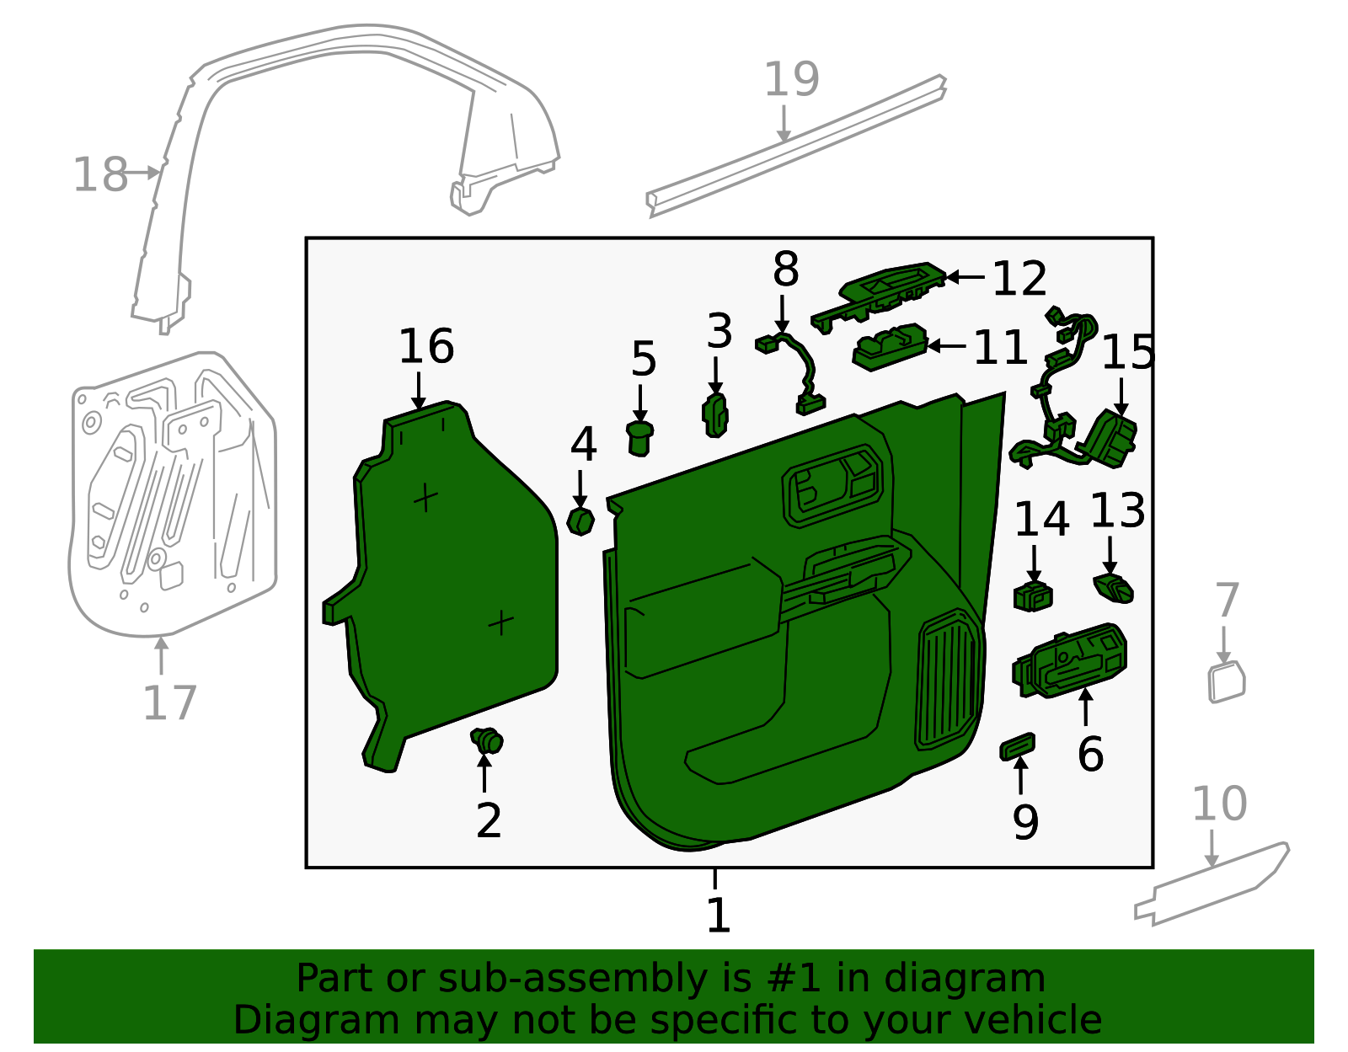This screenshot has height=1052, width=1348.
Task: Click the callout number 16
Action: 425,346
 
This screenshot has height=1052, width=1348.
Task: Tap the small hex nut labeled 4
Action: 580,521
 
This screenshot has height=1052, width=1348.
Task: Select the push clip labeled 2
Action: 487,741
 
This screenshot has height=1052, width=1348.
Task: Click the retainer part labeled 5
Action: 640,438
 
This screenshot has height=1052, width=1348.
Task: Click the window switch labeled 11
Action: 889,346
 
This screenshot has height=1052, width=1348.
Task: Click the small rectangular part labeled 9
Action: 1017,746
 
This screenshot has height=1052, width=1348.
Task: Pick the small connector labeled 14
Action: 1033,595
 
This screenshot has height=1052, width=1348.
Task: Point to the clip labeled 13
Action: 1113,588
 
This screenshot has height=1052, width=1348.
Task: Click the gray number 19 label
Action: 790,80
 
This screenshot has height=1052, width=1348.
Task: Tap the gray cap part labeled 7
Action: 1226,682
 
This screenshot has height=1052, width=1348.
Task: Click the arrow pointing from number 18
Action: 144,173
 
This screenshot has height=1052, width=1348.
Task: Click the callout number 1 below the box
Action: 717,915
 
